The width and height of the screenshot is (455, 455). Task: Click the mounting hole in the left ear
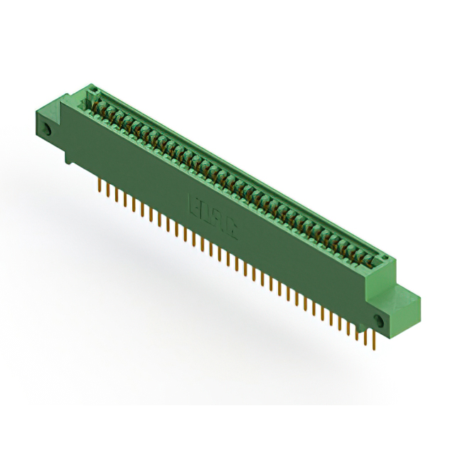coord(46,131)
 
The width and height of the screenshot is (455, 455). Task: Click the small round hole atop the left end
coord(91,90)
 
